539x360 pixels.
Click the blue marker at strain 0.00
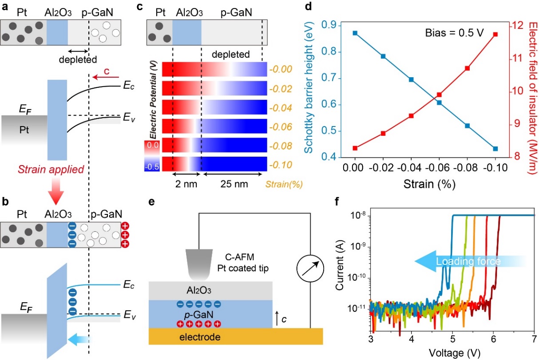click(355, 33)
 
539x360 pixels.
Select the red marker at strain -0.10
click(495, 34)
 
